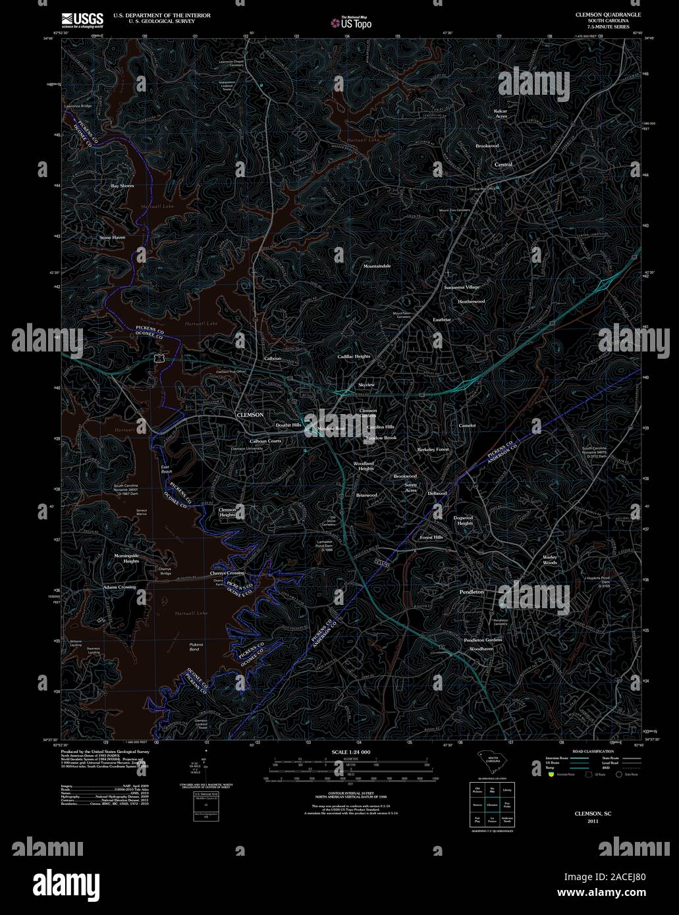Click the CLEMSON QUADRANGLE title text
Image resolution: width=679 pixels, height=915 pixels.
[607, 14]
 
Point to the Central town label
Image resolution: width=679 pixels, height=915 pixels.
[503, 165]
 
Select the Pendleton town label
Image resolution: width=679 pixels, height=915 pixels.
[471, 592]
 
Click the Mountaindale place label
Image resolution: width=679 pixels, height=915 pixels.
[377, 266]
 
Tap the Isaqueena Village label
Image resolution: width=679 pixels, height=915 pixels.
[462, 288]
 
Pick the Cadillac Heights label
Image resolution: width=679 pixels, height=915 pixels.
[354, 356]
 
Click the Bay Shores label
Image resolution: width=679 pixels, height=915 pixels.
[122, 186]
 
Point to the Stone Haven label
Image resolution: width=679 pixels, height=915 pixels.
[112, 237]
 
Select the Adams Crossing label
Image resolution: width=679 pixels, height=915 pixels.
[119, 587]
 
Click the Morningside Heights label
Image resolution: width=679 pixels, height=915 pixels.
[126, 559]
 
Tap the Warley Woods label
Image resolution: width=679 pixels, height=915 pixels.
[550, 560]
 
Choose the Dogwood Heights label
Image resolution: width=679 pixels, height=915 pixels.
[463, 521]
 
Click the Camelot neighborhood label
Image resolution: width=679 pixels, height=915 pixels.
[467, 426]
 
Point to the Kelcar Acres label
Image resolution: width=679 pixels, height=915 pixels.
[501, 114]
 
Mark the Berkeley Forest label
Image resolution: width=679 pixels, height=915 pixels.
[433, 449]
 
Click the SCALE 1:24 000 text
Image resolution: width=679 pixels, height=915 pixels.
[350, 752]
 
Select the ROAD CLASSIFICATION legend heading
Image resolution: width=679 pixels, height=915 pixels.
[593, 751]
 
